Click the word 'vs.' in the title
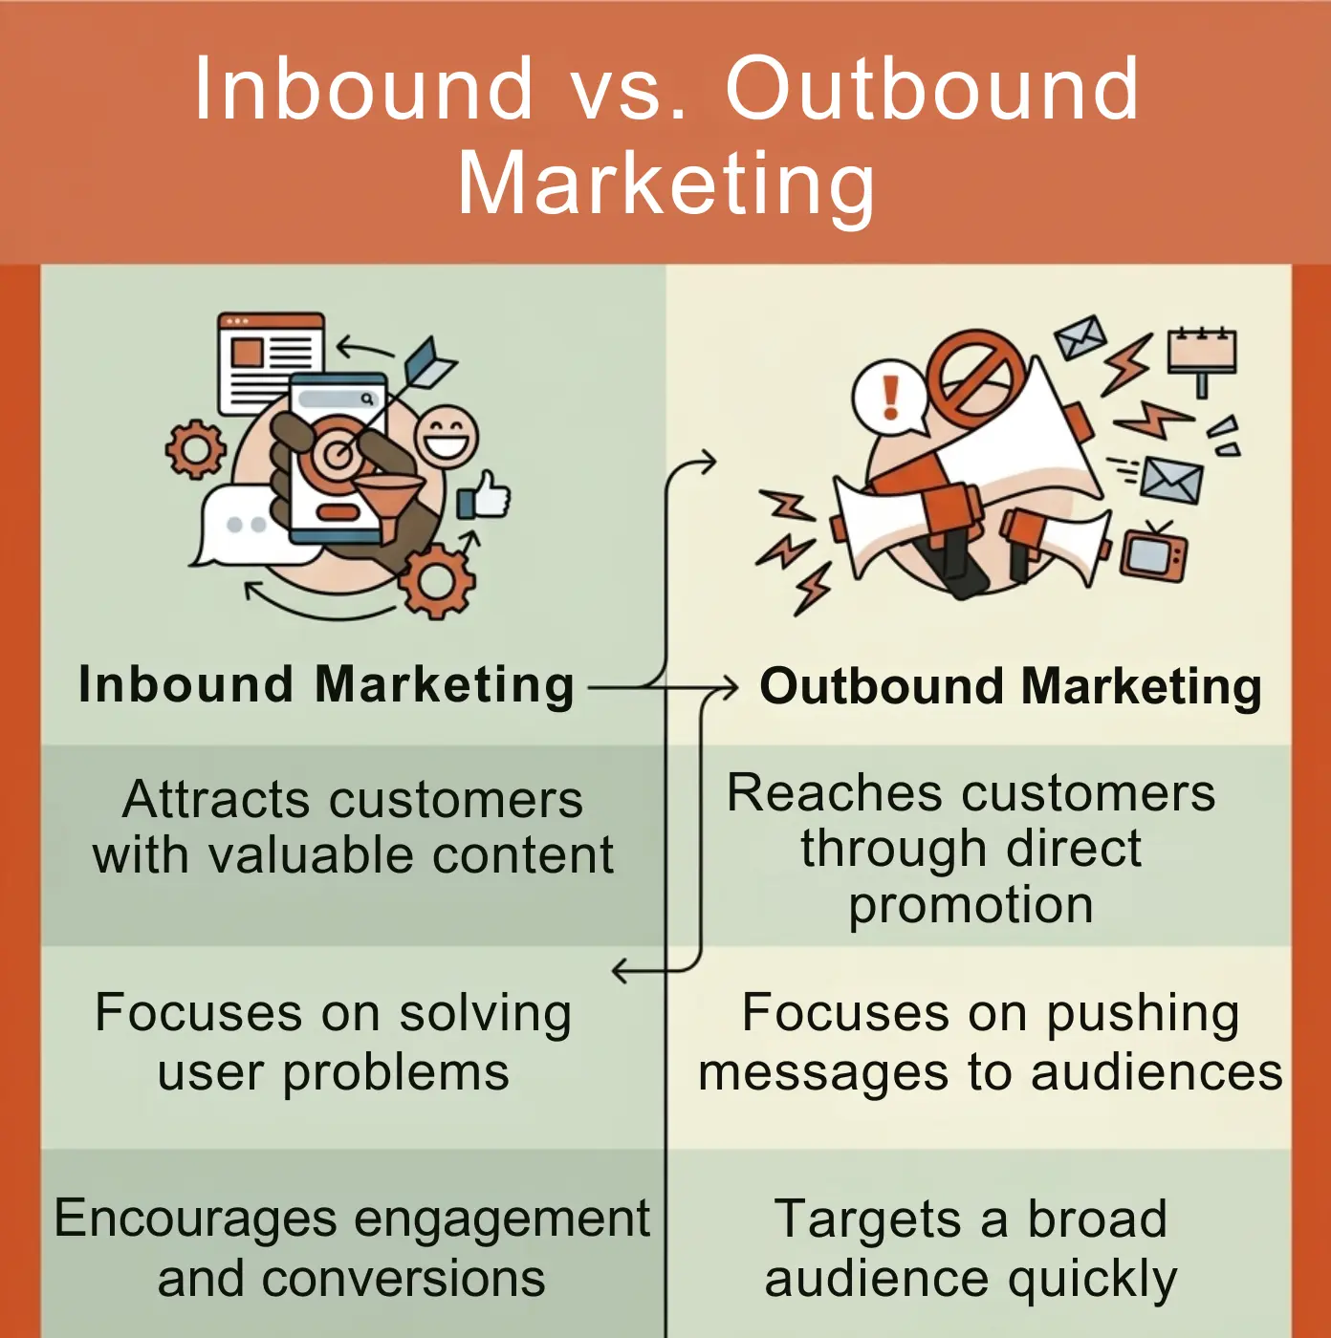click(628, 89)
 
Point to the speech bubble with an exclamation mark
click(890, 396)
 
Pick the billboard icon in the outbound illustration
click(1202, 355)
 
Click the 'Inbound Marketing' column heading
click(326, 685)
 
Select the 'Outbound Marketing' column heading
click(1011, 687)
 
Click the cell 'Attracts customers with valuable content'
click(353, 827)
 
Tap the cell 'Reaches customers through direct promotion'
click(971, 848)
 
